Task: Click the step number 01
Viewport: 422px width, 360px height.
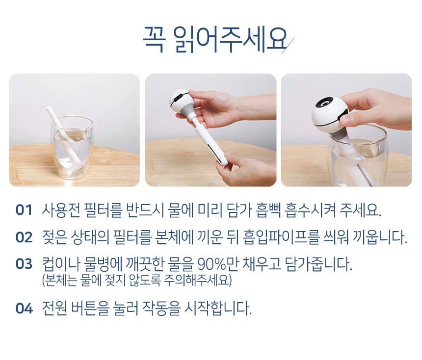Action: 24,210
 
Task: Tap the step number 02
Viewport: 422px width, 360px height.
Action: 24,237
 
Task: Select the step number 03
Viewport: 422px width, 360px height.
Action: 24,264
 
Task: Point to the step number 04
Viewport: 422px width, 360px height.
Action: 24,308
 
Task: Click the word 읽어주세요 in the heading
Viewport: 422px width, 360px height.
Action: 230,40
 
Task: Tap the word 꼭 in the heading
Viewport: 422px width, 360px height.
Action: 154,40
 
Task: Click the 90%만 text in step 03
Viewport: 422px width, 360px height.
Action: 217,264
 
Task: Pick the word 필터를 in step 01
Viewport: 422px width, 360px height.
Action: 104,210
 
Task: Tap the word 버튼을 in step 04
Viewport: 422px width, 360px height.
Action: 90,308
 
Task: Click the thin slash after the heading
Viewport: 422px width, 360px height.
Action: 288,45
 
